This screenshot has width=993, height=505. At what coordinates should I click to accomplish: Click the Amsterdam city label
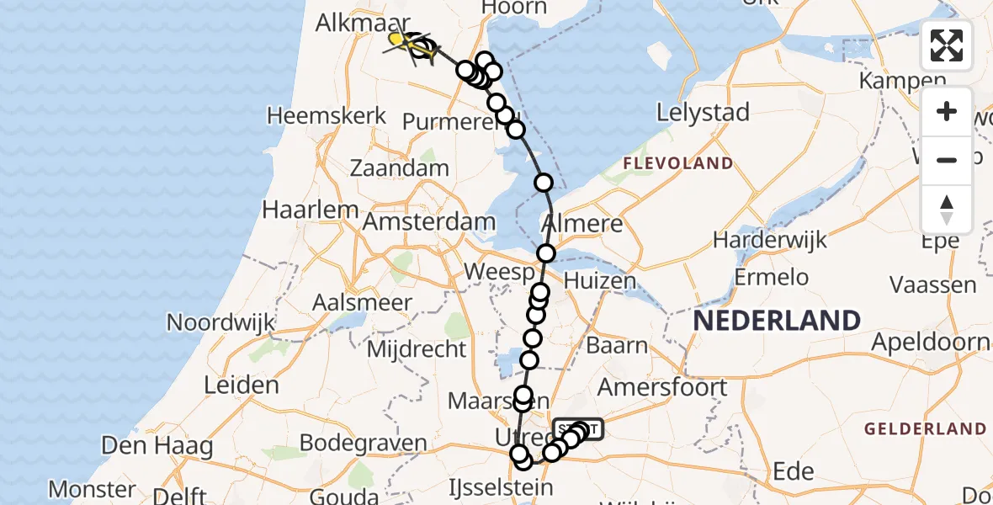[x=429, y=222]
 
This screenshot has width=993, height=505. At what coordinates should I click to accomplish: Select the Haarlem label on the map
[x=304, y=209]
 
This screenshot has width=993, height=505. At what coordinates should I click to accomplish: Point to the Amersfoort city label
[x=662, y=387]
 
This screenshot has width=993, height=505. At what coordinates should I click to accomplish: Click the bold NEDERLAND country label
[x=776, y=321]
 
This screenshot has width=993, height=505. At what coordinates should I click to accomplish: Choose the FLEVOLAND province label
[x=677, y=163]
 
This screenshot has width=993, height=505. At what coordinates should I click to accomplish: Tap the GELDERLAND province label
[x=926, y=429]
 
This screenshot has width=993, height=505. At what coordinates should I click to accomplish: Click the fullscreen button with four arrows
[x=947, y=45]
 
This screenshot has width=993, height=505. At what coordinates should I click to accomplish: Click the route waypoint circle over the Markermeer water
[x=544, y=183]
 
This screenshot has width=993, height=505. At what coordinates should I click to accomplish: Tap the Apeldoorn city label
[x=931, y=342]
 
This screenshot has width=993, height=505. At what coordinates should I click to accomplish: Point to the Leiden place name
[x=242, y=385]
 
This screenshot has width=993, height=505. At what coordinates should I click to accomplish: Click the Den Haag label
[x=158, y=445]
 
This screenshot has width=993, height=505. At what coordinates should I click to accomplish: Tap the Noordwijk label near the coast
[x=221, y=322]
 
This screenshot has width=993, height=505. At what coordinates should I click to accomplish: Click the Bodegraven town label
[x=364, y=443]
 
